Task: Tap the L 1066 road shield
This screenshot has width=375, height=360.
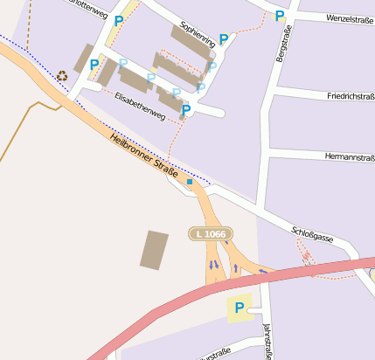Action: tap(211, 233)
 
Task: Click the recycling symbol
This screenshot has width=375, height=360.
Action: tap(62, 76)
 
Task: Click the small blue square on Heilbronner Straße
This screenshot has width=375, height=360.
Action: tap(190, 182)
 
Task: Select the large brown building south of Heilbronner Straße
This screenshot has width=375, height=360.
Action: tap(155, 250)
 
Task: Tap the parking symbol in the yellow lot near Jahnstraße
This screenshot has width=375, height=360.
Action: tap(239, 308)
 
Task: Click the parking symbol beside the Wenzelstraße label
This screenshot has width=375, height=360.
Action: tap(279, 16)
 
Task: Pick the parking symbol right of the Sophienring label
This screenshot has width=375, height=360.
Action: tap(224, 38)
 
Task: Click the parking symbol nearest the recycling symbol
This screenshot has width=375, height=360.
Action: tap(94, 64)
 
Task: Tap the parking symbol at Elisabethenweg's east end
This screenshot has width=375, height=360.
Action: tap(186, 109)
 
